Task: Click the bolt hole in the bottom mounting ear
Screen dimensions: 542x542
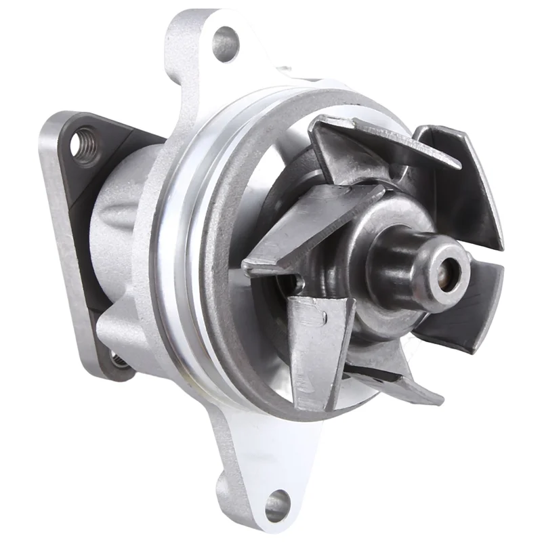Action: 277,504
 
